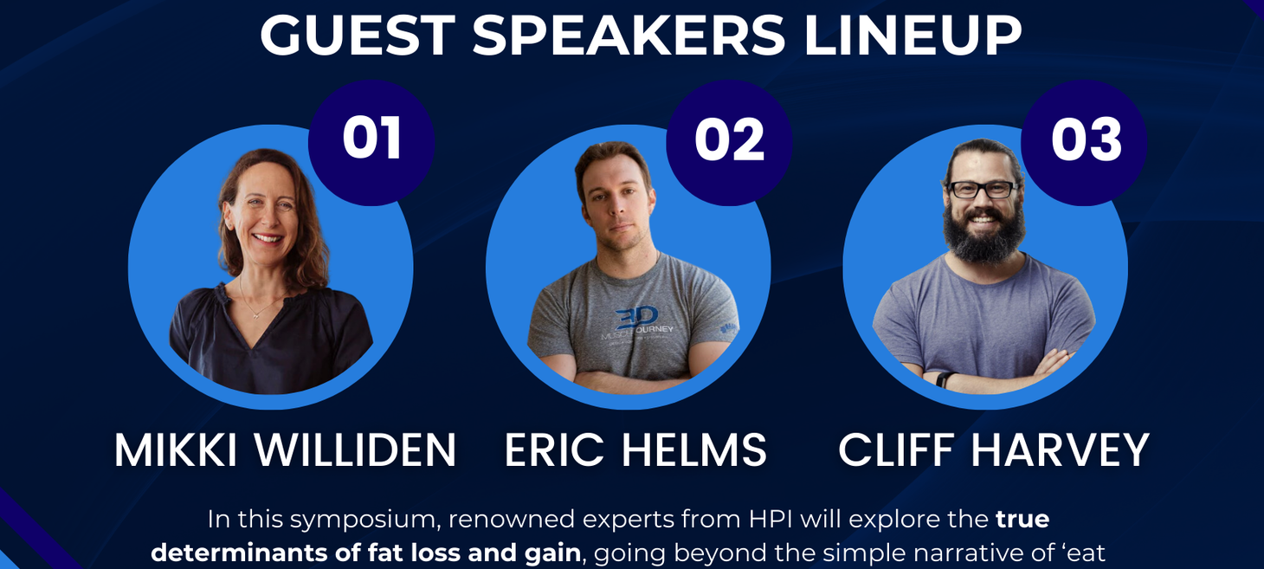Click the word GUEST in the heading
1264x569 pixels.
click(358, 35)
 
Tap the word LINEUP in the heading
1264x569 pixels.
click(913, 35)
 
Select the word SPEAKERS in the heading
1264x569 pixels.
click(629, 35)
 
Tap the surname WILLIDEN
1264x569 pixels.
click(355, 449)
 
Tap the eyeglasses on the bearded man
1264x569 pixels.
click(983, 189)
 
